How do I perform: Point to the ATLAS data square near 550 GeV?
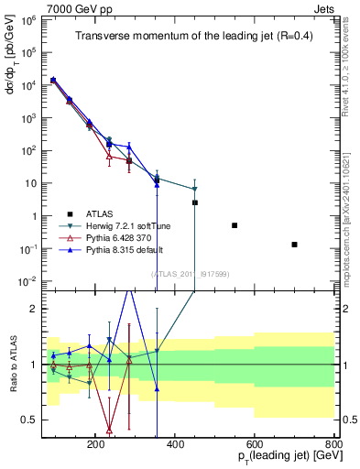tap(235, 225)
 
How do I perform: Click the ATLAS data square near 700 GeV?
tap(294, 245)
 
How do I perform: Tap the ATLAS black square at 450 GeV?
tap(194, 202)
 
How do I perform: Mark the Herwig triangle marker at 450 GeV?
tap(194, 190)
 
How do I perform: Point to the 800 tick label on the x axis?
tap(333, 442)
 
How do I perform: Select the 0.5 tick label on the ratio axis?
tap(30, 420)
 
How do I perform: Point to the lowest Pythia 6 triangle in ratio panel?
tap(110, 429)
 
